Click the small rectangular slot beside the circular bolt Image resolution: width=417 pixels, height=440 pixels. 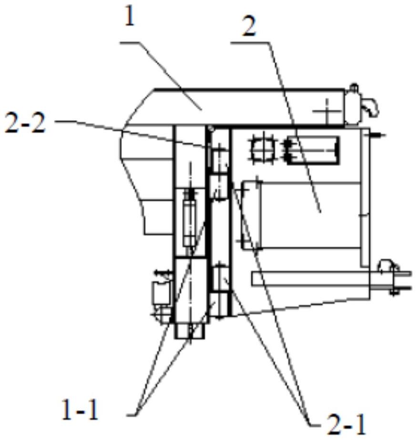(313, 150)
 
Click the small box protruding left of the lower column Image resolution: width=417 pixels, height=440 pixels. (161, 293)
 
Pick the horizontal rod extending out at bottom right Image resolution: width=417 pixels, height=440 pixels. (332, 279)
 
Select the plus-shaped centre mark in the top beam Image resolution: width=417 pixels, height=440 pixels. (327, 111)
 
